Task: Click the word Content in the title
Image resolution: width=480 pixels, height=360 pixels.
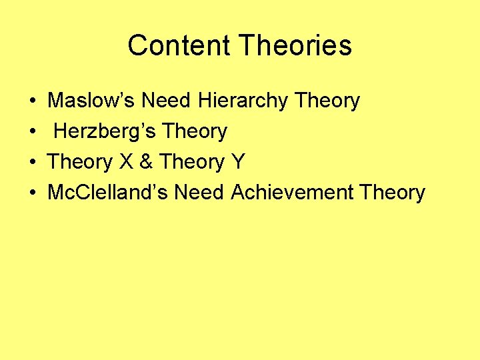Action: point(179,45)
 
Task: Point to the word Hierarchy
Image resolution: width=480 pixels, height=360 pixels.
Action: point(243,101)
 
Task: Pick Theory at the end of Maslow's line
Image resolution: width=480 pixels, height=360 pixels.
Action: point(327,101)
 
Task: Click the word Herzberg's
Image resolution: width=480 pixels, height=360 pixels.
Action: point(105,131)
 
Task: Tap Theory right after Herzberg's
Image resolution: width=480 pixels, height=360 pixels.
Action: point(195,131)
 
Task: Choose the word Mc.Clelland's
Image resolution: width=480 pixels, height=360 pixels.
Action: point(108,193)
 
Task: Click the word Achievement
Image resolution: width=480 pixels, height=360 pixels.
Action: point(292,193)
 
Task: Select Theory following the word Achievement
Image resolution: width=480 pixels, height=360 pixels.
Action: point(392,193)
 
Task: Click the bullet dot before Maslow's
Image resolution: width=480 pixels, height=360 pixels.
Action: point(33,101)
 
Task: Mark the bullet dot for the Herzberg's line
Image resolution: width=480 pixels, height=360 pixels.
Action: point(33,132)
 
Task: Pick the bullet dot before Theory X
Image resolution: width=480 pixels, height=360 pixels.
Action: point(33,163)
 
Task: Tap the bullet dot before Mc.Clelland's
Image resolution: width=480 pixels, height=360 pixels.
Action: point(33,193)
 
